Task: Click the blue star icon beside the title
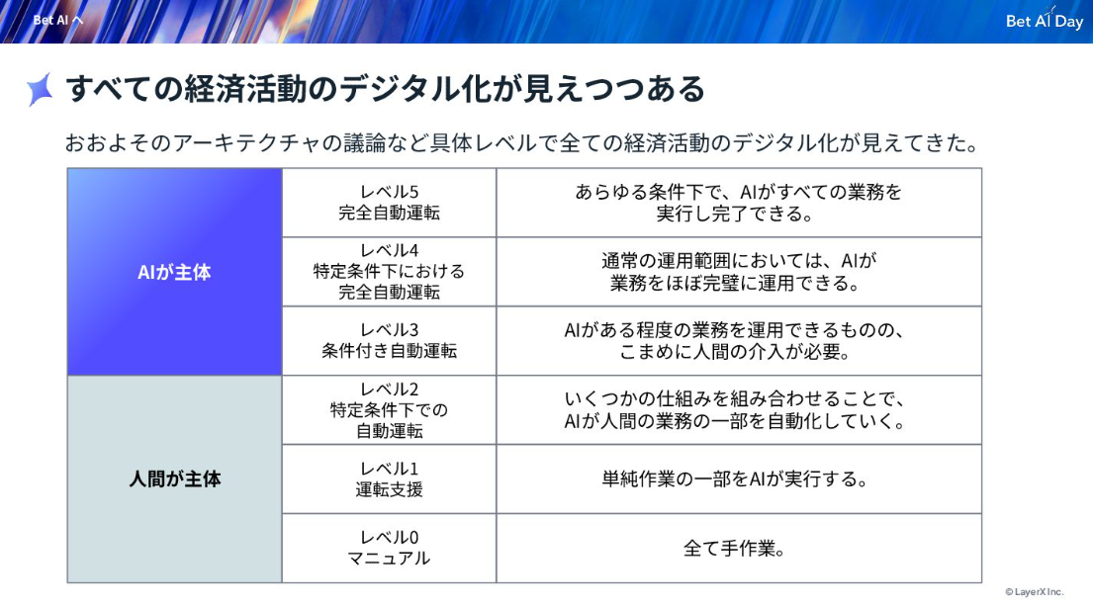pyautogui.click(x=40, y=89)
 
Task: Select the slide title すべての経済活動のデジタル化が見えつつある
pyautogui.click(x=386, y=89)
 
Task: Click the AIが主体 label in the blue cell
pyautogui.click(x=174, y=272)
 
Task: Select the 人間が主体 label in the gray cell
pyautogui.click(x=175, y=478)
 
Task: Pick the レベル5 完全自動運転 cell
pyautogui.click(x=389, y=202)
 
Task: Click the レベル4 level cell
pyautogui.click(x=389, y=271)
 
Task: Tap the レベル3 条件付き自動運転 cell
pyautogui.click(x=389, y=340)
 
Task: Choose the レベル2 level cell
pyautogui.click(x=389, y=410)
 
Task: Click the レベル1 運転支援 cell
pyautogui.click(x=389, y=478)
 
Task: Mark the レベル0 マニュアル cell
pyautogui.click(x=389, y=548)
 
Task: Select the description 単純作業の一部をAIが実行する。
pyautogui.click(x=735, y=478)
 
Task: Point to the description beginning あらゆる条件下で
pyautogui.click(x=738, y=202)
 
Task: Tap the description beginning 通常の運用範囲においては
pyautogui.click(x=738, y=271)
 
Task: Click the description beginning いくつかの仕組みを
pyautogui.click(x=735, y=410)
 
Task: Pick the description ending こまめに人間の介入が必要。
pyautogui.click(x=735, y=340)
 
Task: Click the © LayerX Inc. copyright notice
pyautogui.click(x=1035, y=591)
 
